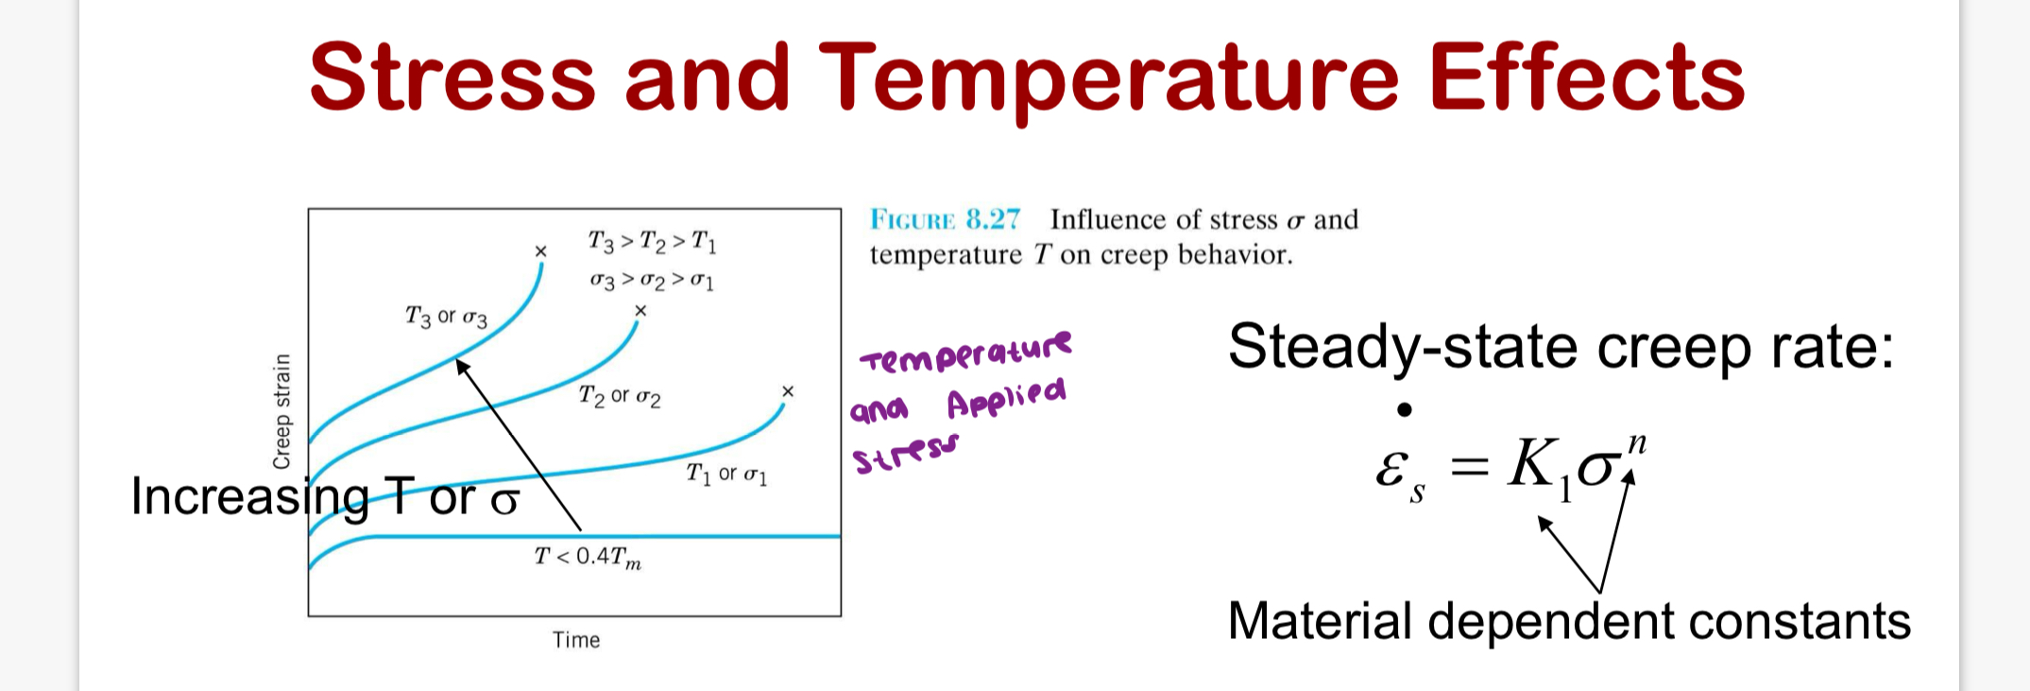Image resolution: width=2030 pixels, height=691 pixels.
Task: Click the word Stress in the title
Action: (452, 78)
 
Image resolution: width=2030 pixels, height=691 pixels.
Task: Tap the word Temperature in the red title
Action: (1109, 78)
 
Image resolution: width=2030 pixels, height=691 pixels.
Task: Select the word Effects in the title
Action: (1586, 78)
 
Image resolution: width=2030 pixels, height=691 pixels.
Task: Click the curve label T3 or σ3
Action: (446, 317)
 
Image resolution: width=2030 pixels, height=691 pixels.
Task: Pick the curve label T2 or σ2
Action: (620, 396)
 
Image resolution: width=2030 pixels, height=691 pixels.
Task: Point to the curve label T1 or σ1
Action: (726, 474)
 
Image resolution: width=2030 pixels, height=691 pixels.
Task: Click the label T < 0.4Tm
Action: (588, 557)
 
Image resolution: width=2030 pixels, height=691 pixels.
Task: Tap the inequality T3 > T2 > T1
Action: (652, 242)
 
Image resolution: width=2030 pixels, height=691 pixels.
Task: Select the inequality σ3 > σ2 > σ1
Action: (652, 281)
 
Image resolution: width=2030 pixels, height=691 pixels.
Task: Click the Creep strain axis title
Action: (281, 411)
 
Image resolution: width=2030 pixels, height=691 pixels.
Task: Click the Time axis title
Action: (576, 640)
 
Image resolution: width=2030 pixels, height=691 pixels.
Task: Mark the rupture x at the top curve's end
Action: (540, 251)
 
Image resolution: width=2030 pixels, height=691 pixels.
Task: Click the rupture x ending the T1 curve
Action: (788, 391)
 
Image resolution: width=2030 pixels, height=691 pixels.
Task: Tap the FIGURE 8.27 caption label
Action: (945, 219)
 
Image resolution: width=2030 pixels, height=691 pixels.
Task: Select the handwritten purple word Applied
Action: (1006, 398)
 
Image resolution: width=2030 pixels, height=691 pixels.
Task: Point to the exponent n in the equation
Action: (1637, 443)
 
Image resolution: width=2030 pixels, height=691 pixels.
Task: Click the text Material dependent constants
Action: (1568, 622)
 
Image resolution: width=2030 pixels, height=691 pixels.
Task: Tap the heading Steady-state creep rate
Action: (1561, 347)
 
